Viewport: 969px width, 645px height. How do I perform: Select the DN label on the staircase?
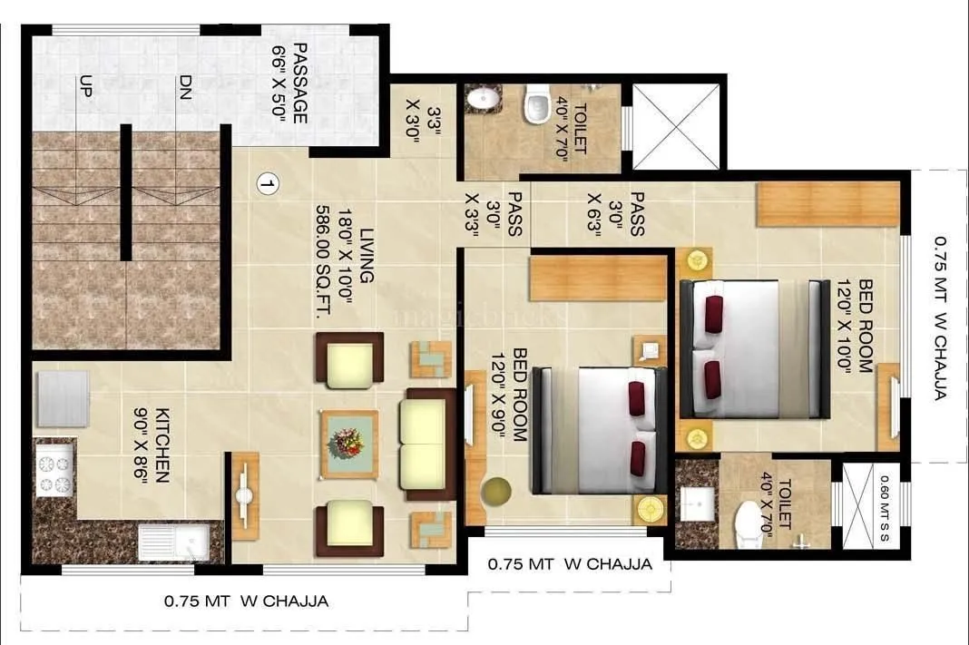[x=184, y=88]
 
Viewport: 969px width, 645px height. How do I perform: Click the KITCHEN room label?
[x=163, y=445]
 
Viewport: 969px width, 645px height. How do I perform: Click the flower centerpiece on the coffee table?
[x=348, y=443]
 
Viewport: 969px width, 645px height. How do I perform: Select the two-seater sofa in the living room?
[x=428, y=445]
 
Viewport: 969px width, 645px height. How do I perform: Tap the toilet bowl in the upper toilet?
[x=537, y=103]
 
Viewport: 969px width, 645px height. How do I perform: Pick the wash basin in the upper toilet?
[x=478, y=100]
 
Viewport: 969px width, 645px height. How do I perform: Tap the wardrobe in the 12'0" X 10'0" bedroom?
[x=828, y=204]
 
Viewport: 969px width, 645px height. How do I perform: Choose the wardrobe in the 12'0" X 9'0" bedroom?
[x=598, y=279]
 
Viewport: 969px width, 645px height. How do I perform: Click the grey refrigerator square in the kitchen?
[x=61, y=398]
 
